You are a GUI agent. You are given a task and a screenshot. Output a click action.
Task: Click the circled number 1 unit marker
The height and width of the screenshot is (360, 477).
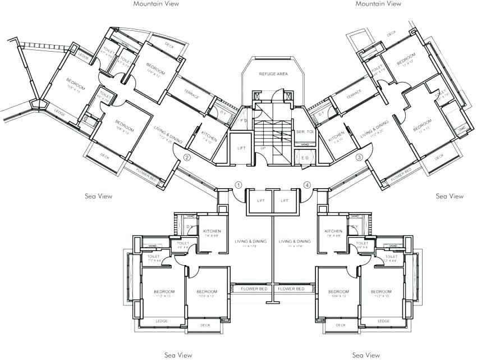tap(238, 185)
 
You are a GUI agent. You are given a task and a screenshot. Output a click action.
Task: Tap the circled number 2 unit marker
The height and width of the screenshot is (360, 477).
tap(187, 158)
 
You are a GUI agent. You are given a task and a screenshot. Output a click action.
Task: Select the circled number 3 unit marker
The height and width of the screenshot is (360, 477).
tap(359, 157)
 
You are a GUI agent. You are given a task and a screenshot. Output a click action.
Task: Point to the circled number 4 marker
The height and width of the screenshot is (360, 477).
tap(307, 185)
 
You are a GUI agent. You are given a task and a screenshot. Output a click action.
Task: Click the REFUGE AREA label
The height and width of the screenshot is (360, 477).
tap(273, 74)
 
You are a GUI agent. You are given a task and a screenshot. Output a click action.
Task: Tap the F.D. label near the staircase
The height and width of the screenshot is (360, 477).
tap(244, 120)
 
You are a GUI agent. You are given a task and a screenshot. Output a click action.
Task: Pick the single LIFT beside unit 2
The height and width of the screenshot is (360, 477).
tap(241, 148)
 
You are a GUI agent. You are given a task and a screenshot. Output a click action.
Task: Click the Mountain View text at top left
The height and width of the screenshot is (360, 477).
tap(156, 3)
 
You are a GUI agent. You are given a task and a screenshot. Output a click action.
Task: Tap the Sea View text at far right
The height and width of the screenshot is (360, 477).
tap(450, 196)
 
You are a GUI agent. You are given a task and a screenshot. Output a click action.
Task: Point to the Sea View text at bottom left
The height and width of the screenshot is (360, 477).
tap(178, 355)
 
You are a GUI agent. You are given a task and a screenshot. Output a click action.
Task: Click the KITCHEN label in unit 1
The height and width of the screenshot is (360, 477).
tap(212, 231)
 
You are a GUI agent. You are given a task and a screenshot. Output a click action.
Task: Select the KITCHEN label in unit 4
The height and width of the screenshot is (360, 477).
tap(333, 231)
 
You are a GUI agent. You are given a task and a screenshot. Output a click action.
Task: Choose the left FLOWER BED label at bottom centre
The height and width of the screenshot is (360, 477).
tap(253, 289)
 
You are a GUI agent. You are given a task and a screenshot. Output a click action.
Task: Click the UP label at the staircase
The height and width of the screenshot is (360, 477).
tap(263, 148)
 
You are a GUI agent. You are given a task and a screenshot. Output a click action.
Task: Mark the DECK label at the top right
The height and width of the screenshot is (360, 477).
tap(391, 33)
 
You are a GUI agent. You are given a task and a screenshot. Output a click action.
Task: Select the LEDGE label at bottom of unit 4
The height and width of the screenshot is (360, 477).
tap(383, 321)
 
